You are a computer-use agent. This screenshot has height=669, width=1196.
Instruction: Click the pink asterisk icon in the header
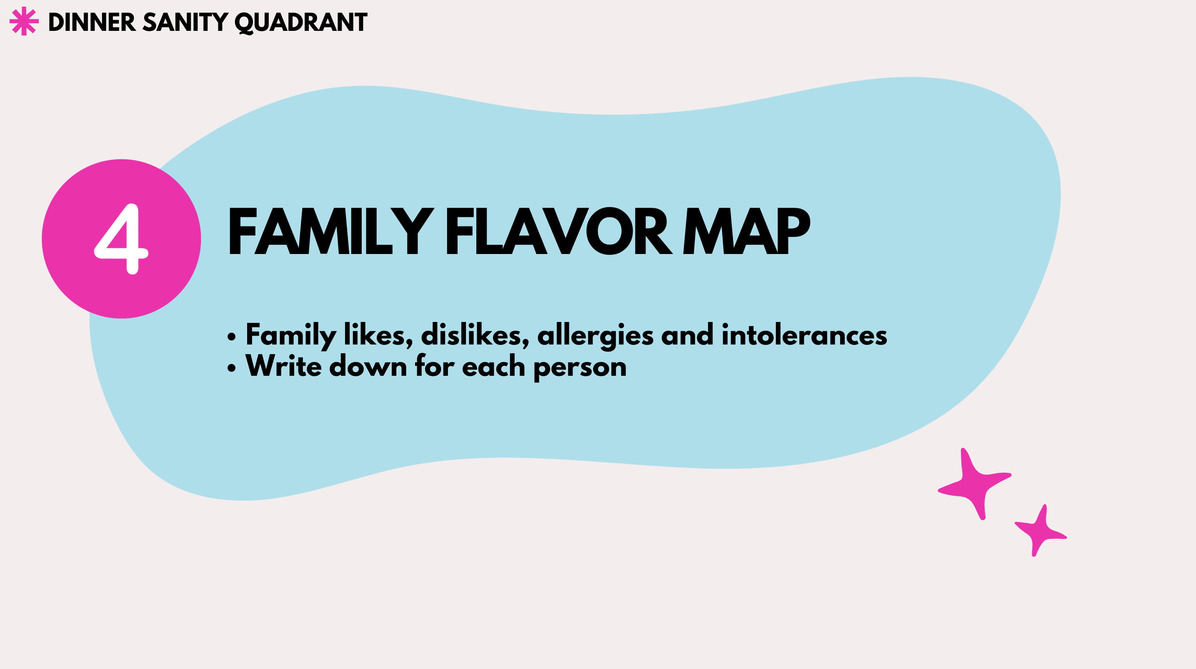point(24,21)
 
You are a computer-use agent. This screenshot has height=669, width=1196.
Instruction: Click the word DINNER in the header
point(92,22)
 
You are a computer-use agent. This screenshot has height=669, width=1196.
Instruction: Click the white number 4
point(122,239)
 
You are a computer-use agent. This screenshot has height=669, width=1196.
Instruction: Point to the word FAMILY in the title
point(331,231)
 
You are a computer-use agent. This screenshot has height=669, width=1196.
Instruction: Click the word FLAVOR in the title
point(559,231)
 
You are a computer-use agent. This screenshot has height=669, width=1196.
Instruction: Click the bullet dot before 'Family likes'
point(232,337)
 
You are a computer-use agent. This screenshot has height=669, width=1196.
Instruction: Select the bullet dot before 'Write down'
point(232,368)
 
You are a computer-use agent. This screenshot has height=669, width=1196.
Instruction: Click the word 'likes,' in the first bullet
point(378,335)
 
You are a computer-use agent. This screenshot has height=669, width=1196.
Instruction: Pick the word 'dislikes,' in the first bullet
point(475,335)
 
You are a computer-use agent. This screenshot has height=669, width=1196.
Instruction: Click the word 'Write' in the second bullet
point(284,366)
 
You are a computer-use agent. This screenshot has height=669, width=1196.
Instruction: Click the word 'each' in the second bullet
point(493,366)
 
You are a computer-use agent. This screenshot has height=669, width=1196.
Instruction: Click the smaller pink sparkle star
point(1041,531)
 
